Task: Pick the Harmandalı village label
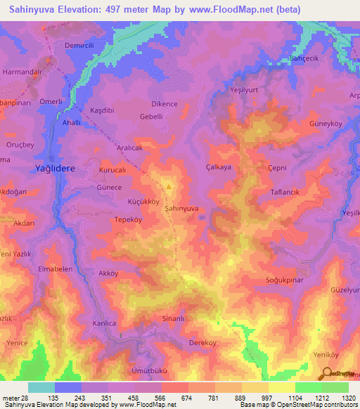click(x=22, y=72)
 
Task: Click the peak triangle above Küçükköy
click(x=168, y=187)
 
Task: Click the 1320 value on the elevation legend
click(x=348, y=397)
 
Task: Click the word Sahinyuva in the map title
click(x=30, y=9)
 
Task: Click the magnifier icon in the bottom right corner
click(x=326, y=374)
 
